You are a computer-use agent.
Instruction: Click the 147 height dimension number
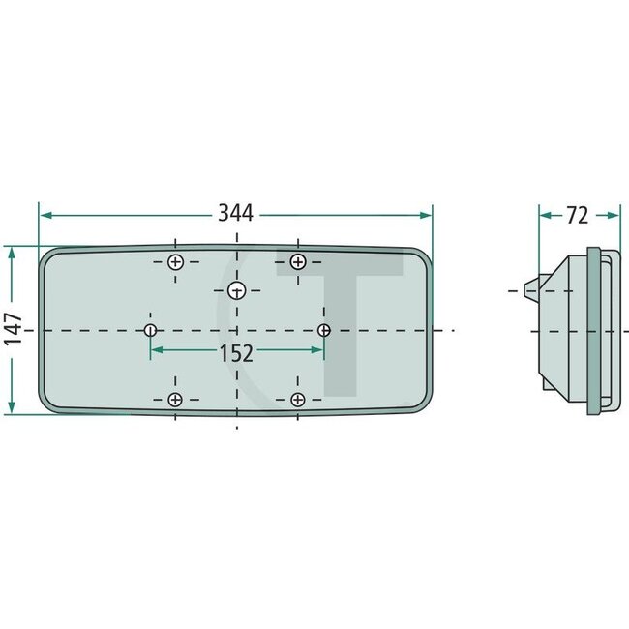click(x=12, y=330)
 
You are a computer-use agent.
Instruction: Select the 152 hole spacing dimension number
click(x=236, y=353)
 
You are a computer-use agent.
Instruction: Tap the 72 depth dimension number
click(x=577, y=215)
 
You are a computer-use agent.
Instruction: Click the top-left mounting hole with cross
click(x=175, y=262)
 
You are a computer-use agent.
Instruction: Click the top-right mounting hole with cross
click(x=297, y=261)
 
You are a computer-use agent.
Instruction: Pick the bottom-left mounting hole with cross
click(x=175, y=400)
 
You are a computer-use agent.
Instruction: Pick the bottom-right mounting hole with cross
click(x=297, y=400)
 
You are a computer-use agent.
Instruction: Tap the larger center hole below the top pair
click(x=236, y=290)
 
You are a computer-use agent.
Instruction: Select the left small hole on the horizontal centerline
click(x=150, y=331)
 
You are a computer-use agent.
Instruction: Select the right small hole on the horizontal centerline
click(x=323, y=331)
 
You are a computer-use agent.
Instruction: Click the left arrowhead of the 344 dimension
click(x=45, y=215)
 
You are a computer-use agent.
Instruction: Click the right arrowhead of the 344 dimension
click(x=426, y=215)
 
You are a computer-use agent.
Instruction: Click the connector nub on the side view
click(x=527, y=288)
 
